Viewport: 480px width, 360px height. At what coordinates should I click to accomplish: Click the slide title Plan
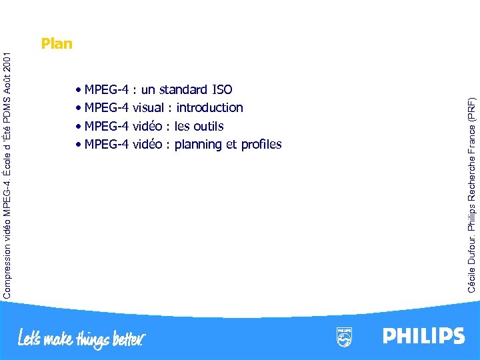(x=56, y=44)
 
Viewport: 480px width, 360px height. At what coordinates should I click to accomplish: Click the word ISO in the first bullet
(x=221, y=89)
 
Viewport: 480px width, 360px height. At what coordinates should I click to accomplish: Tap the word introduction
(x=209, y=107)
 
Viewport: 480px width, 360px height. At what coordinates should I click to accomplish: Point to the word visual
(x=148, y=107)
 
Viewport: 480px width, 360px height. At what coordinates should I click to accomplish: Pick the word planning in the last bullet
(x=198, y=145)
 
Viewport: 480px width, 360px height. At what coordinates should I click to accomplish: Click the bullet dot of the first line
(x=79, y=89)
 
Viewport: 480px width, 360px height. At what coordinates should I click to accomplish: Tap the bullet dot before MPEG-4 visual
(x=79, y=108)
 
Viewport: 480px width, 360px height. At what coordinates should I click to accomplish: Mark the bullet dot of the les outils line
(x=79, y=127)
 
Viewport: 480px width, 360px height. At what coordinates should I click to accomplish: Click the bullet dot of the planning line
(x=79, y=145)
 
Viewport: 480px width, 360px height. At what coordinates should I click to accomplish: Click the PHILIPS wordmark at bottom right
(x=423, y=335)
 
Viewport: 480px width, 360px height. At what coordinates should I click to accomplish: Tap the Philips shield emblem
(x=344, y=337)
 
